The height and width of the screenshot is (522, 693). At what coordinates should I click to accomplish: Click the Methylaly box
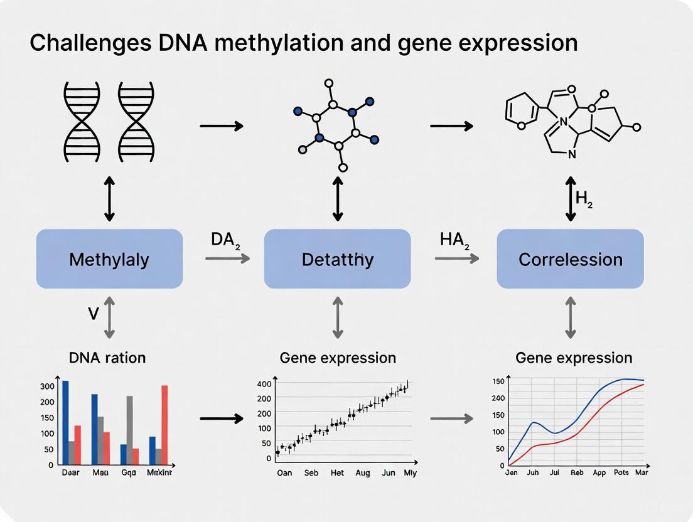coord(109,259)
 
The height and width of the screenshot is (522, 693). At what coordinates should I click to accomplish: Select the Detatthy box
coord(337,259)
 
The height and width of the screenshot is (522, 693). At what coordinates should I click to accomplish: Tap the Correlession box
coord(570,259)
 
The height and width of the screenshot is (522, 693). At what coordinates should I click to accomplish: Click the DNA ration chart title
coord(107,358)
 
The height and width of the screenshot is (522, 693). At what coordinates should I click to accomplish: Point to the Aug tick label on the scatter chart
coord(362,473)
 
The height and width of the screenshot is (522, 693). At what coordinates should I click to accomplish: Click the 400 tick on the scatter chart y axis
coord(264,384)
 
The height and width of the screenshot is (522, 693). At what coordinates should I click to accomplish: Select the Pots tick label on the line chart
coord(621,472)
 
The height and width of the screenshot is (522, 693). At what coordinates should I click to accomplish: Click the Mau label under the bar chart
coord(100,472)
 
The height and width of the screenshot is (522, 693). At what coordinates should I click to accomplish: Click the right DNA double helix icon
coord(136,120)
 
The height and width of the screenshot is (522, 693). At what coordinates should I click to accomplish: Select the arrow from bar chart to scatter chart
coord(221,418)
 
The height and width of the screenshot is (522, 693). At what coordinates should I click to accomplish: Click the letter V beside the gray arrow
coord(94,313)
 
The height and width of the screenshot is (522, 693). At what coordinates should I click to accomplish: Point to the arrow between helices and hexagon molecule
coord(221,126)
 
